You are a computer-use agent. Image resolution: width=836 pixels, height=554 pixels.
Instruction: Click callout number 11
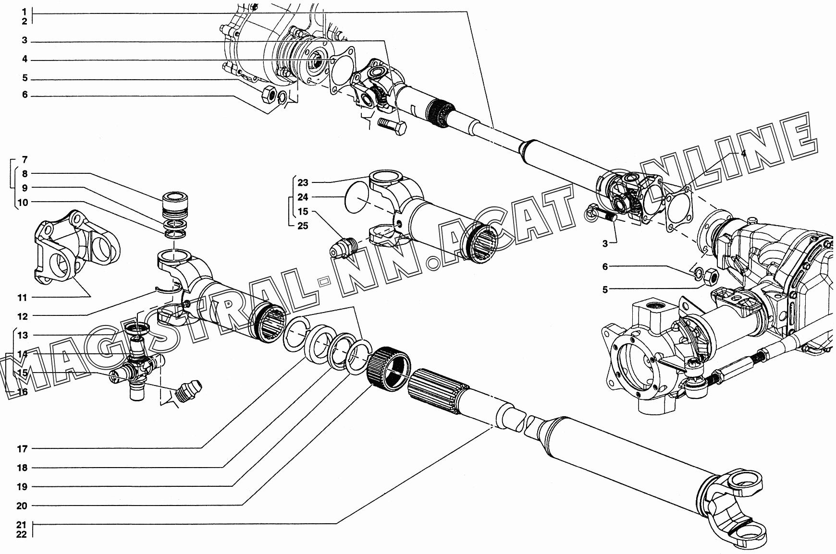pos(22,298)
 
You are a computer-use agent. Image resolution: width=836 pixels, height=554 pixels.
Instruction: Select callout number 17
pos(22,449)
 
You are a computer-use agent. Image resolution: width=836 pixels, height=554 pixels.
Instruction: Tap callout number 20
pos(22,506)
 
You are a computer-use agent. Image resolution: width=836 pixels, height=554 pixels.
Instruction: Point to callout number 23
pos(303,182)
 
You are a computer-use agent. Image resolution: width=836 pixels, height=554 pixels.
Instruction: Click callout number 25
pos(303,226)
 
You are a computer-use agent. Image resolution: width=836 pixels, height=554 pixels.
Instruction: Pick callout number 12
pos(22,316)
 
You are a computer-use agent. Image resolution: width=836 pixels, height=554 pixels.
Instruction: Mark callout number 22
pos(21,534)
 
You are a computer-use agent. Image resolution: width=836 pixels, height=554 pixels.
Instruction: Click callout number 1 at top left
pos(25,10)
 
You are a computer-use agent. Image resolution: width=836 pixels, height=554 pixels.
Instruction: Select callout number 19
pos(22,487)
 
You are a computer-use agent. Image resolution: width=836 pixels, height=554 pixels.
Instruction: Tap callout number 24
pos(303,197)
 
